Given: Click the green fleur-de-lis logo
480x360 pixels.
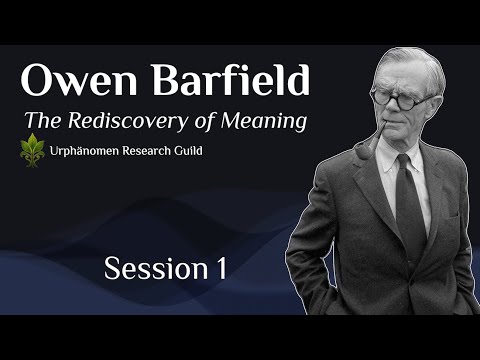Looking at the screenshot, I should [32, 152].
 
